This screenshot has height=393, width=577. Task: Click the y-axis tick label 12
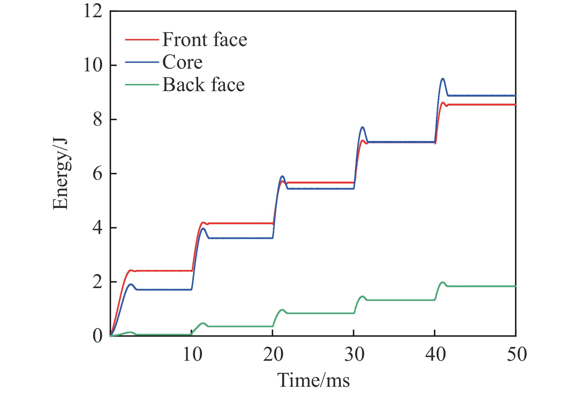(93, 12)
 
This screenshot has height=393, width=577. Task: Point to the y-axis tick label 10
(93, 66)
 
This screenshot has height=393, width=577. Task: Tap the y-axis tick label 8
(97, 120)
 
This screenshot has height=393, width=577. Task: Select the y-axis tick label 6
(97, 174)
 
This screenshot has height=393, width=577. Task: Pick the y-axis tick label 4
(97, 228)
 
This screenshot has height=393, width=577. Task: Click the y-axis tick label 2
(97, 282)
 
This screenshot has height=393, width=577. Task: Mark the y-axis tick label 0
(97, 336)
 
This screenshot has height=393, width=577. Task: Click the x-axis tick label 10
(192, 355)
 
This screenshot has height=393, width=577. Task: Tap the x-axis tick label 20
(273, 355)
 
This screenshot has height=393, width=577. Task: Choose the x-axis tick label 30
(354, 355)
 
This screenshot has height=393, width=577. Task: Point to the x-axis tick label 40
(435, 355)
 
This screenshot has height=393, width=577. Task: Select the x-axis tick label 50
(517, 355)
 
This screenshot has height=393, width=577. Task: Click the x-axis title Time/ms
(313, 380)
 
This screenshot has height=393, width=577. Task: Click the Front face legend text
(204, 40)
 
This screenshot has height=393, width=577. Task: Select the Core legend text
(182, 62)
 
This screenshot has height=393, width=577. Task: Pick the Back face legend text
(203, 85)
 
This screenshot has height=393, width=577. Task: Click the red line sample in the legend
(142, 40)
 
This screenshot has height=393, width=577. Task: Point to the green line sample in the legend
(142, 85)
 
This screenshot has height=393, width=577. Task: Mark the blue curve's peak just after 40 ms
(443, 79)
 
